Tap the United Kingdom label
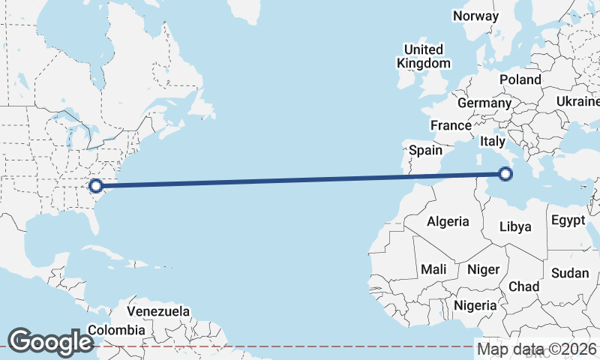tap(424, 57)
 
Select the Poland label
tap(520, 79)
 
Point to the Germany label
tap(484, 103)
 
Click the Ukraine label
tap(578, 101)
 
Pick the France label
tap(451, 125)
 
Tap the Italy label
tap(493, 141)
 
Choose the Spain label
tap(425, 150)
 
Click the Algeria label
tap(448, 221)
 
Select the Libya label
tap(515, 226)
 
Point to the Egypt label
tap(567, 220)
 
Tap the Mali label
tap(433, 269)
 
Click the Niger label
tap(483, 269)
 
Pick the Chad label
tap(523, 286)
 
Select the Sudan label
tap(570, 273)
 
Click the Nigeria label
tap(475, 305)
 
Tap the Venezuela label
tap(158, 311)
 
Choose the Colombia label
tap(116, 330)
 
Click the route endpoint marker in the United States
tap(95, 185)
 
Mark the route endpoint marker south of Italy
tap(505, 175)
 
